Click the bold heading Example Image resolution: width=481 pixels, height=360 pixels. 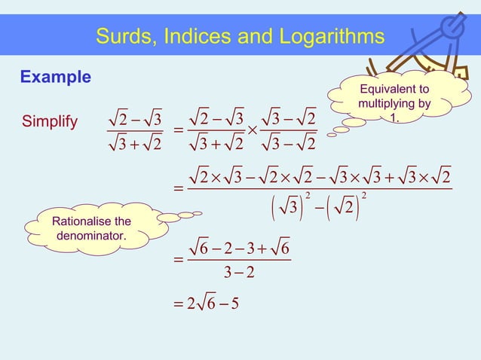55,77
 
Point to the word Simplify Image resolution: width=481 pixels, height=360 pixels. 50,121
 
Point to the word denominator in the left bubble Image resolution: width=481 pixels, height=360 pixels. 90,236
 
